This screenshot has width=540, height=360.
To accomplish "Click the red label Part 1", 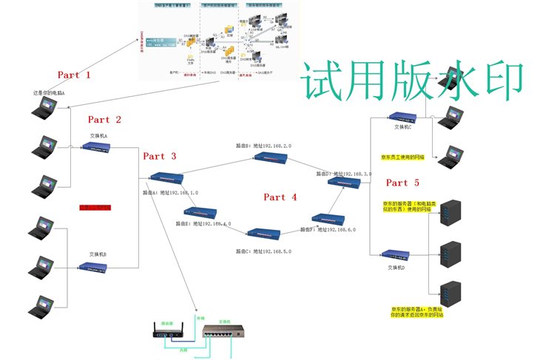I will (x=74, y=75).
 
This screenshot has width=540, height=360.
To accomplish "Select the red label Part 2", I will (x=104, y=120).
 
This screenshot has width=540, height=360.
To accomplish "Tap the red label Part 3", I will (x=159, y=156).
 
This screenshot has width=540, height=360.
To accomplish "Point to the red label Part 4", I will (x=280, y=197).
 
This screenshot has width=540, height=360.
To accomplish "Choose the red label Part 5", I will (x=402, y=183).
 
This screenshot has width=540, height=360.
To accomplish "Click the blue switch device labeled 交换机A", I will (x=97, y=146).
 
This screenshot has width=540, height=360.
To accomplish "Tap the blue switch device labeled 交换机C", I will (x=403, y=117).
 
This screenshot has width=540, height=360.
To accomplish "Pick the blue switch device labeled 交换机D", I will (x=396, y=255).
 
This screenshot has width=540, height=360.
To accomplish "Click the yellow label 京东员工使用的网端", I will (x=404, y=157).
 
